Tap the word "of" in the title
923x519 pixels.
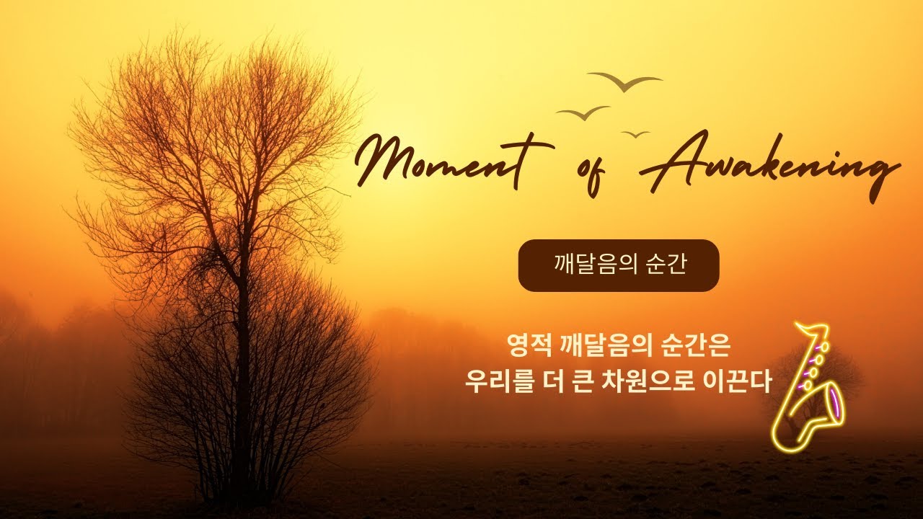point(593,172)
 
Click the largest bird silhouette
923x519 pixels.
point(624,82)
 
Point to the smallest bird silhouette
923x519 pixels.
point(635,134)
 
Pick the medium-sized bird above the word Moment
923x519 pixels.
point(583,113)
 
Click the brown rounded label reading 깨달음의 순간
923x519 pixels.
point(619,265)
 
